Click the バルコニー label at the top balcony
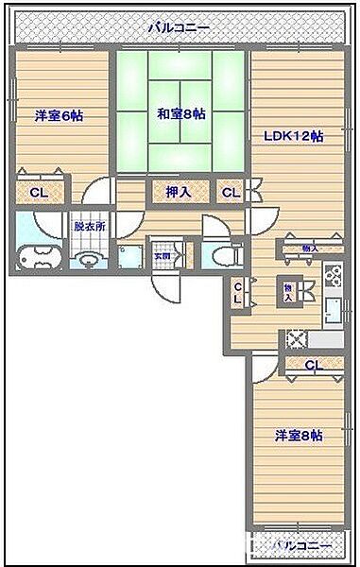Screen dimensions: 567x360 (x=179, y=28)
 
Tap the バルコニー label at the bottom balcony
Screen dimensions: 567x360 (x=300, y=546)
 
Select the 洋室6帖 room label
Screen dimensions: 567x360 (x=59, y=115)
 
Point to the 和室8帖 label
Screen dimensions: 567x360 (x=181, y=114)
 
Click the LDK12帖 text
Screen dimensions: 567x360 (x=293, y=136)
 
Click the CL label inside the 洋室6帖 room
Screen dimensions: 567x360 (x=39, y=193)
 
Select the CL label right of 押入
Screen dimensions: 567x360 (x=231, y=193)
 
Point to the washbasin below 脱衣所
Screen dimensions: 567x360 (x=90, y=258)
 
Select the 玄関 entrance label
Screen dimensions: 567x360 (x=162, y=255)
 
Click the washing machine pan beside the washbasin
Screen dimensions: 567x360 (x=128, y=257)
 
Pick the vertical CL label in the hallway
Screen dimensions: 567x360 (x=238, y=293)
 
